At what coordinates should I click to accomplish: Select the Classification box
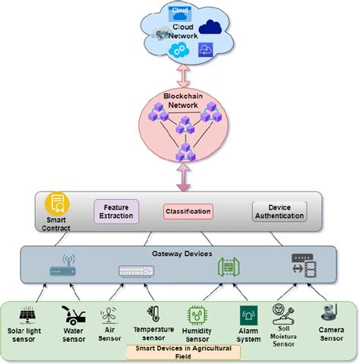tap(187, 210)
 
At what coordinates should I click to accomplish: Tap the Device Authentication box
tap(279, 210)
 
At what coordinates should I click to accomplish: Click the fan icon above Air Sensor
tap(110, 314)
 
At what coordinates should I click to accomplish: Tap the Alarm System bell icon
tap(248, 315)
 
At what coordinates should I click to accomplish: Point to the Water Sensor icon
tap(74, 314)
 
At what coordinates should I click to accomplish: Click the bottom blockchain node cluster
tap(182, 154)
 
